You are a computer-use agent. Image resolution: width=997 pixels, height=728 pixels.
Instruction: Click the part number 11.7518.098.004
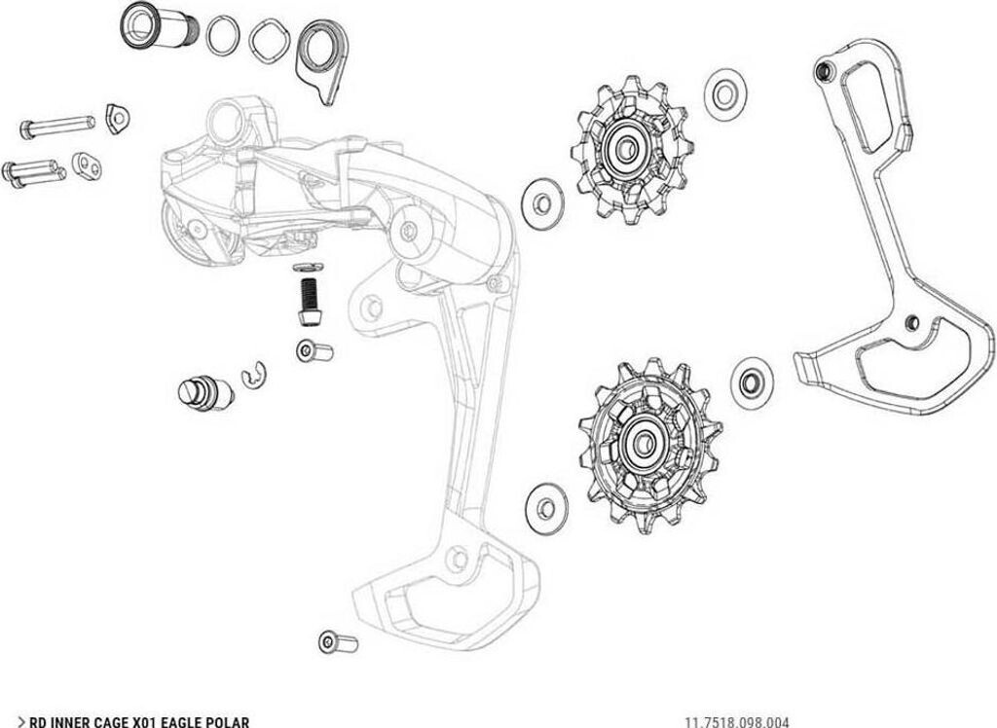pos(737,721)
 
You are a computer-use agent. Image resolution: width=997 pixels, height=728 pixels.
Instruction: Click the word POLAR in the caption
pos(223,721)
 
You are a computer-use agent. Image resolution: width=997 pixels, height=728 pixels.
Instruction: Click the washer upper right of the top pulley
pos(722,91)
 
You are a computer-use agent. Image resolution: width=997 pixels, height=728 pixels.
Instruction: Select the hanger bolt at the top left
pos(156,25)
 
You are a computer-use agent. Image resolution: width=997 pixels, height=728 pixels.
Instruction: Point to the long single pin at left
pos(55,126)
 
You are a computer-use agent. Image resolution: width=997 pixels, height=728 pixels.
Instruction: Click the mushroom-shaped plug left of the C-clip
pos(203,390)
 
